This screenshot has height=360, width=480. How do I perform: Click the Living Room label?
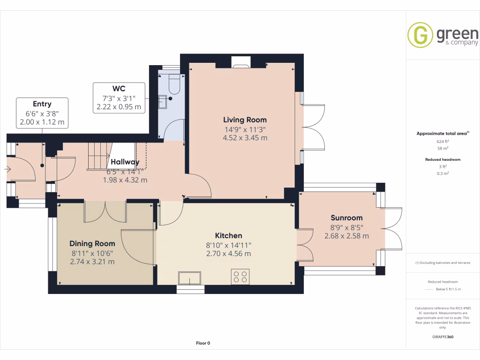click(x=245, y=120)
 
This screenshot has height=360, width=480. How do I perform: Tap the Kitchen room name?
click(x=228, y=235)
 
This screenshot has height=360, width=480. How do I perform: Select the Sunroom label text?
click(x=346, y=217)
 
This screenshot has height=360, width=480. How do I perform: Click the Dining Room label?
click(x=92, y=243)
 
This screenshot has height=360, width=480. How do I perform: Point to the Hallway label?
click(x=125, y=162)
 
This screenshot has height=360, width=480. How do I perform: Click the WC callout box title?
click(x=119, y=89)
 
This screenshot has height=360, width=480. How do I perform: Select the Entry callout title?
click(x=42, y=104)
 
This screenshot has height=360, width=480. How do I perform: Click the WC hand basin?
click(x=163, y=102)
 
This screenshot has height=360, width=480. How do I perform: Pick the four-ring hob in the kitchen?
click(x=240, y=277)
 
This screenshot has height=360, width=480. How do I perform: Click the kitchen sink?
click(x=190, y=278)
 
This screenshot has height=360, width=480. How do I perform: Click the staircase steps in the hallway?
click(x=99, y=156)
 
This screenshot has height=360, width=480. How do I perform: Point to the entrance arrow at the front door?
click(x=8, y=169)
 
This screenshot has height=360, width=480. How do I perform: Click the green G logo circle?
click(x=420, y=35)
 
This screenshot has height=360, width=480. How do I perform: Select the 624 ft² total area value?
click(x=442, y=142)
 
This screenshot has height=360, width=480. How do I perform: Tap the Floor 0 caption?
click(x=203, y=343)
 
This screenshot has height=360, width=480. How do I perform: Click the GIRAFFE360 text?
click(x=442, y=337)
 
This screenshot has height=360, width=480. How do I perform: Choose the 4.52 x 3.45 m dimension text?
click(x=245, y=138)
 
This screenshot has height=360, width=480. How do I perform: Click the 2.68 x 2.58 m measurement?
click(x=346, y=236)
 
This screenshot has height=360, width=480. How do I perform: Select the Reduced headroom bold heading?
click(x=442, y=159)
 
